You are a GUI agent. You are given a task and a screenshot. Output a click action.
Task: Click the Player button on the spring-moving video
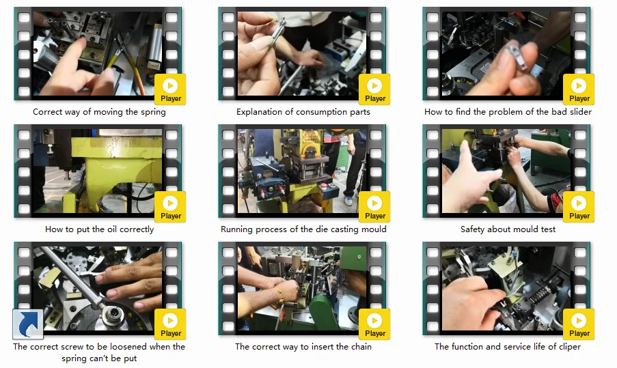(x=170, y=89)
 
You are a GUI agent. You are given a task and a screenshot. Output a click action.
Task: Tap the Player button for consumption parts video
(x=374, y=89)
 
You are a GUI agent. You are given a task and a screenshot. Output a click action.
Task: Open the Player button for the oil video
(x=170, y=207)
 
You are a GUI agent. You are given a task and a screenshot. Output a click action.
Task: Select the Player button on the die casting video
(x=374, y=207)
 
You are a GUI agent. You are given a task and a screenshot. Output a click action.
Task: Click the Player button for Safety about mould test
(x=579, y=207)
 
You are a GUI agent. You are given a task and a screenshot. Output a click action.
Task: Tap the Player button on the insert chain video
(x=374, y=324)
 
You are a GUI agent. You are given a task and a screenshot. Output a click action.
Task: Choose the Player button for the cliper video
(x=579, y=324)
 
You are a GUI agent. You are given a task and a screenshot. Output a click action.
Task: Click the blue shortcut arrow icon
(x=28, y=324)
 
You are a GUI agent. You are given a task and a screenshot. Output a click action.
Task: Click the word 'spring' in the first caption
(x=152, y=112)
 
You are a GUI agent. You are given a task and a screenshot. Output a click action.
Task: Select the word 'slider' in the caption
(x=580, y=112)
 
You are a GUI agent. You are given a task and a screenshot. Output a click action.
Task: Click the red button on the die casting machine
(x=325, y=186)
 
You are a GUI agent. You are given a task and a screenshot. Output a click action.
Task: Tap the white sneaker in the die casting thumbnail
(x=348, y=200)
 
